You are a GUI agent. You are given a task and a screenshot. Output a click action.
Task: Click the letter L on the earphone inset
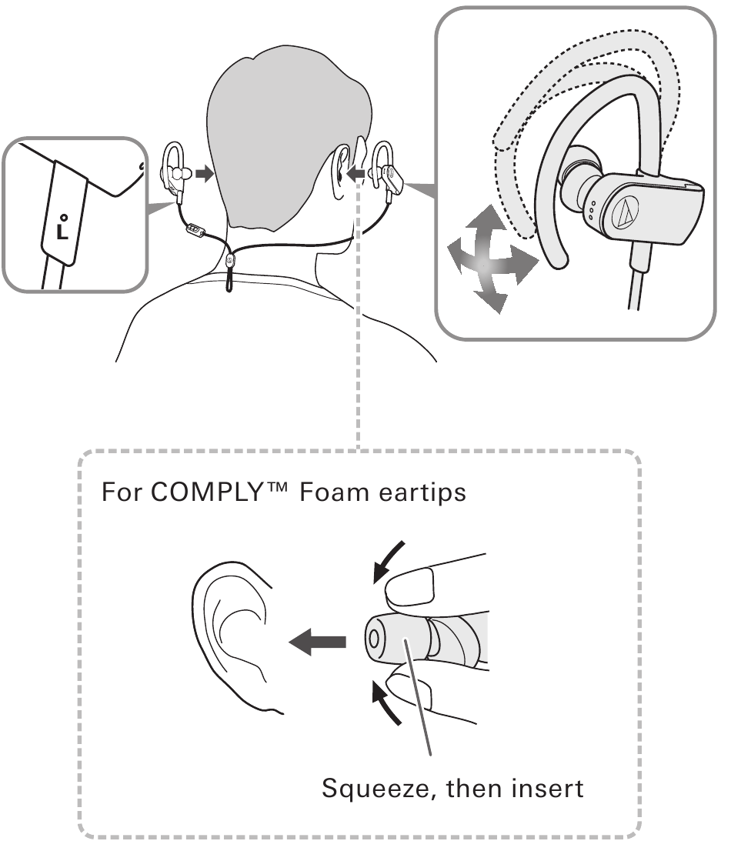point(62,232)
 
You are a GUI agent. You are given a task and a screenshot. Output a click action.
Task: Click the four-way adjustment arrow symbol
point(492,259)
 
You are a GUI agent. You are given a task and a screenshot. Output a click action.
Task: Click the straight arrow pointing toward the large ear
point(318,642)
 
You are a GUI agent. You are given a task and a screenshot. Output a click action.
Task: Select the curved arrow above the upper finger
point(388,561)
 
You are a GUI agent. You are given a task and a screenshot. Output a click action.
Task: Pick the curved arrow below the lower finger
point(386,704)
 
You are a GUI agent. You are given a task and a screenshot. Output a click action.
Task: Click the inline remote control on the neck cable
point(195,231)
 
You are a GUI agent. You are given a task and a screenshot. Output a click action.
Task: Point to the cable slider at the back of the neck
point(230,262)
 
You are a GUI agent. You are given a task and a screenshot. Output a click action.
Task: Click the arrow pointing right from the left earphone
point(204,174)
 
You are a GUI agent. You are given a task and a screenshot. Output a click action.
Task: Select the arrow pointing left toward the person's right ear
point(357,174)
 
